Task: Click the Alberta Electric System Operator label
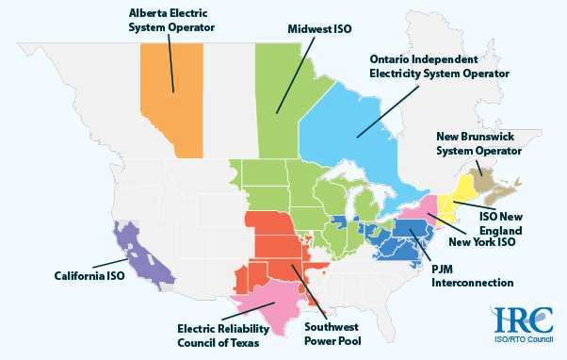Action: click(171, 20)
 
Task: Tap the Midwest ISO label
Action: click(319, 29)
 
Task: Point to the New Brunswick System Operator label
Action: click(478, 142)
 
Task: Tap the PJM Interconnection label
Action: click(467, 274)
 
